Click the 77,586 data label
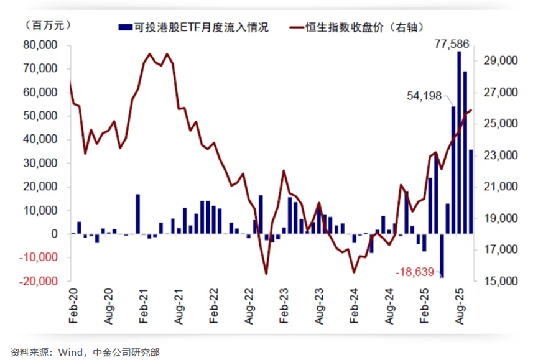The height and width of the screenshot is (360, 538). (452, 44)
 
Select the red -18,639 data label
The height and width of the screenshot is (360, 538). (416, 272)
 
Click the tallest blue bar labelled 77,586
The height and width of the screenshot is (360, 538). (459, 142)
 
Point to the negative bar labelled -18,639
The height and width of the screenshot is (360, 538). (442, 255)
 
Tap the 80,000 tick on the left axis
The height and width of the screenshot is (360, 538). (40, 45)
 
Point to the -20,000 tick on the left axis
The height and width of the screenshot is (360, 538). (38, 281)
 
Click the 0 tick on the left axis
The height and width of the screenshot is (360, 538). (55, 234)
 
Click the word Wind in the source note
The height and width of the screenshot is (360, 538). (73, 352)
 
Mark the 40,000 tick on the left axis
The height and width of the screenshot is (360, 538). (40, 140)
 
